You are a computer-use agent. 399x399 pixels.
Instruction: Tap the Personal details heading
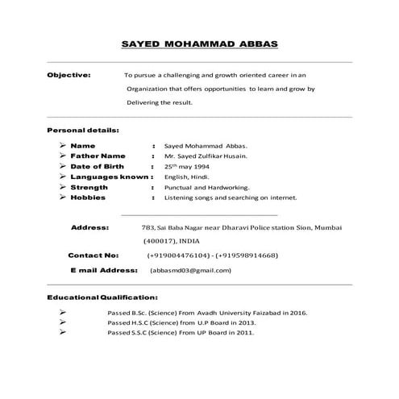[x=83, y=130]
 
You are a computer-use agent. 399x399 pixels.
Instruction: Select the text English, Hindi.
[x=187, y=177]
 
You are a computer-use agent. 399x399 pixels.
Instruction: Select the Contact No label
[x=94, y=255]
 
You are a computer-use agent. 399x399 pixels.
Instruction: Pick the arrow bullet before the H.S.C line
[x=63, y=322]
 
